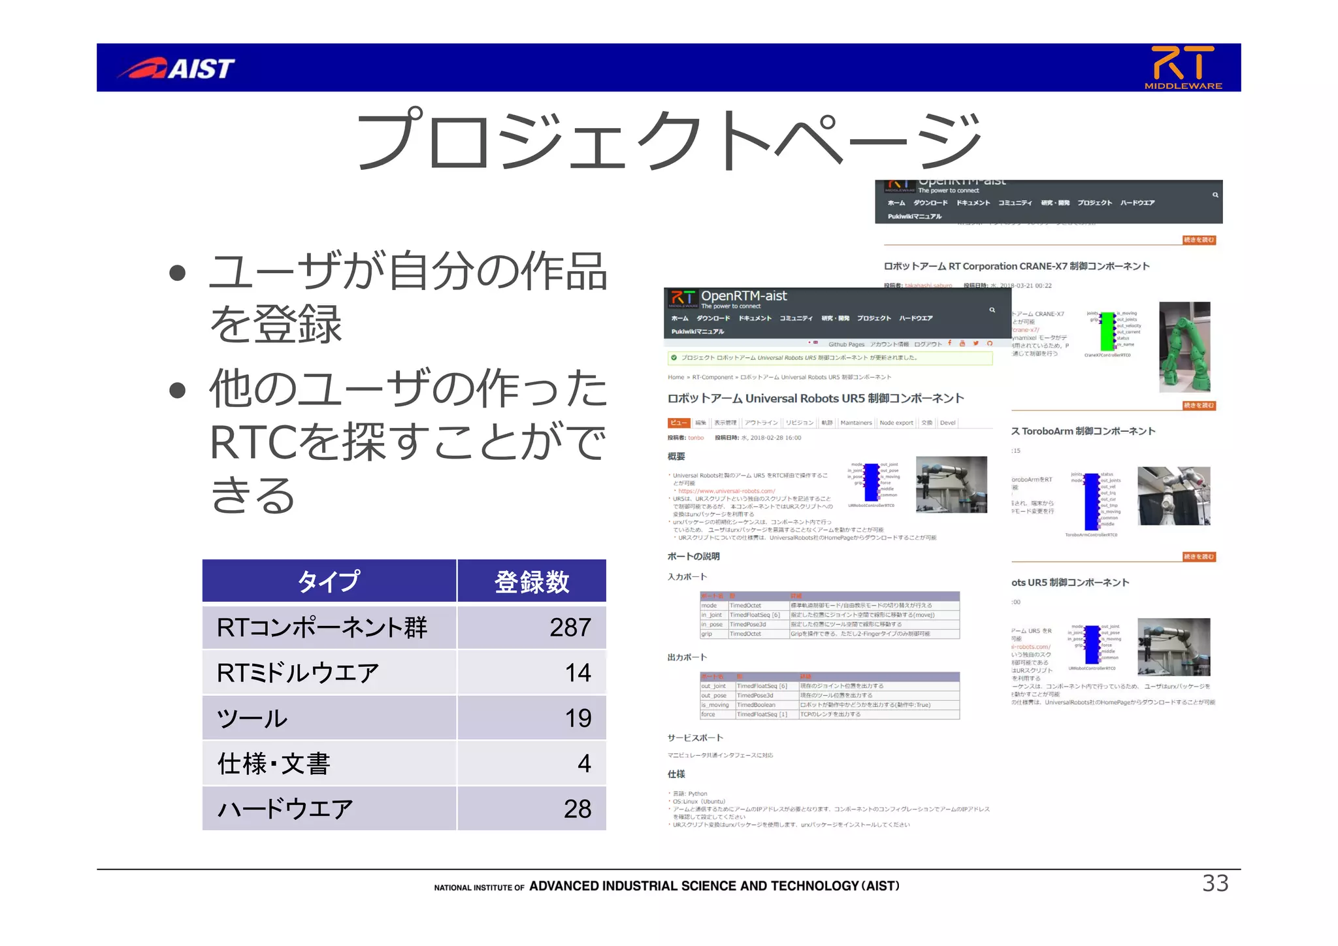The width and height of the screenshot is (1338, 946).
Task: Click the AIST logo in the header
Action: (x=176, y=68)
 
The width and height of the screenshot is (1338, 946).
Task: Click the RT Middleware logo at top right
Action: (x=1183, y=67)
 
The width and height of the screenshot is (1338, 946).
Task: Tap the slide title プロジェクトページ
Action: (x=668, y=139)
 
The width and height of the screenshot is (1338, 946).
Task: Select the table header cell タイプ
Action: (x=329, y=581)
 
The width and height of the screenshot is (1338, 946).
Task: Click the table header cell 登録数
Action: (x=531, y=581)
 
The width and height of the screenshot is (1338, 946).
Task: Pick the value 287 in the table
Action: (x=570, y=627)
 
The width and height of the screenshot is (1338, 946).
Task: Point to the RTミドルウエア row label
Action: (x=298, y=672)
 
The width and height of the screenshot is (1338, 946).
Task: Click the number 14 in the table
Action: (x=578, y=672)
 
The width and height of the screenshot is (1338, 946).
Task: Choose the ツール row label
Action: (x=252, y=718)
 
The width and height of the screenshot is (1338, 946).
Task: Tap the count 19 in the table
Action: (x=578, y=718)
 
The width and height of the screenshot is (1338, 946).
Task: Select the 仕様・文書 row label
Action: (x=274, y=763)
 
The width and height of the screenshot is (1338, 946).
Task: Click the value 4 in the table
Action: (x=584, y=763)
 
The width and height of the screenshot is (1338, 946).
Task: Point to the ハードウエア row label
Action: (x=285, y=809)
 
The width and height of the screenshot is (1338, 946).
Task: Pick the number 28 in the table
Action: (x=578, y=809)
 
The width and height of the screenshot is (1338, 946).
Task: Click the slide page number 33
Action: (x=1215, y=883)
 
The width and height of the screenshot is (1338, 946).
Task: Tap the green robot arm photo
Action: (x=1184, y=347)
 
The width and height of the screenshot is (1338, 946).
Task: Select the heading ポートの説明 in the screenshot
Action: (x=693, y=556)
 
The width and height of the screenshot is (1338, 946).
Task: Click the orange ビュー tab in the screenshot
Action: (x=678, y=423)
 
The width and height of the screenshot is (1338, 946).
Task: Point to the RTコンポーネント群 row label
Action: (x=322, y=627)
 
